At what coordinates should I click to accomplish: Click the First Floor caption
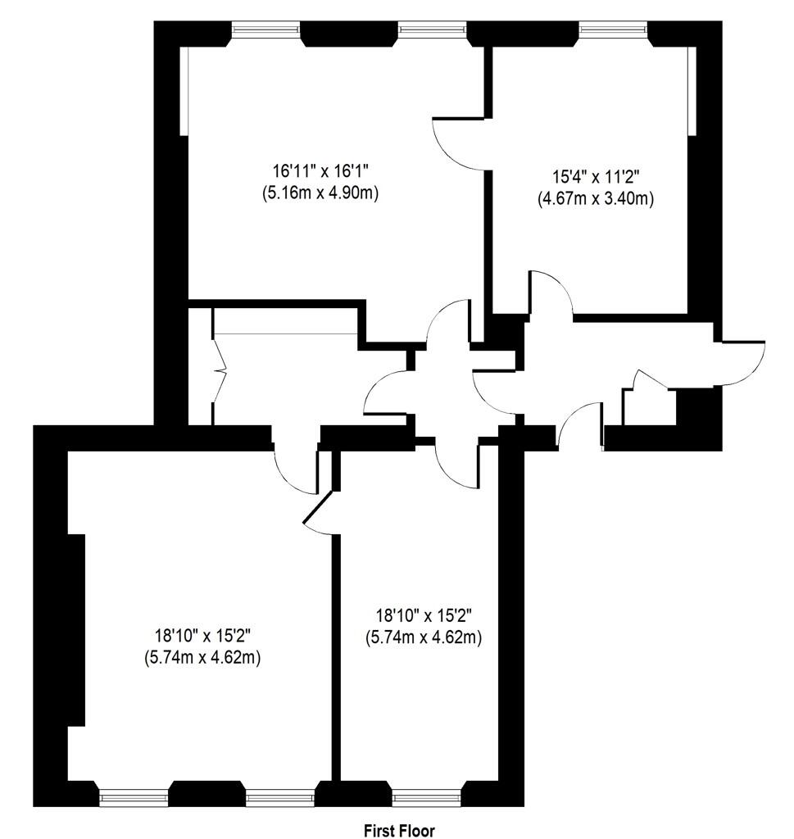click(x=399, y=830)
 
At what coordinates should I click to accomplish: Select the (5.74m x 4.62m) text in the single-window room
click(x=423, y=637)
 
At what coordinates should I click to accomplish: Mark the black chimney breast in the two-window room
click(x=76, y=629)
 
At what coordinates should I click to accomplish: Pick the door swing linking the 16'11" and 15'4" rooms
click(x=459, y=143)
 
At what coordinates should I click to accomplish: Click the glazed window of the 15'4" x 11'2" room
click(x=614, y=31)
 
